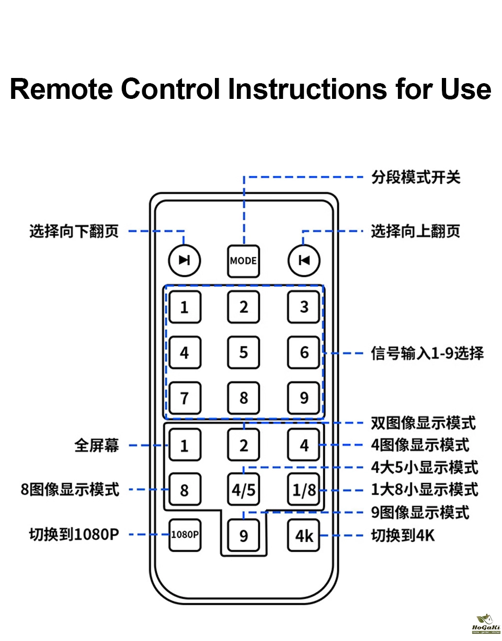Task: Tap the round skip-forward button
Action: (184, 260)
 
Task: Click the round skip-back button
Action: (304, 260)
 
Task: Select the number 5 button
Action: (244, 352)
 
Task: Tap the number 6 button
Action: (304, 352)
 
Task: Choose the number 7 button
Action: (184, 398)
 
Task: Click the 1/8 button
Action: (304, 490)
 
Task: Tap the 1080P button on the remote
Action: (185, 534)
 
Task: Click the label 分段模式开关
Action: (416, 177)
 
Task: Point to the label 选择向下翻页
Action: (74, 231)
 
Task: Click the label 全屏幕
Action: (97, 445)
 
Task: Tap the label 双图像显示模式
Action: (424, 422)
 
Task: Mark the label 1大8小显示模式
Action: (425, 490)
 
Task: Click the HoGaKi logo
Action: (486, 625)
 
